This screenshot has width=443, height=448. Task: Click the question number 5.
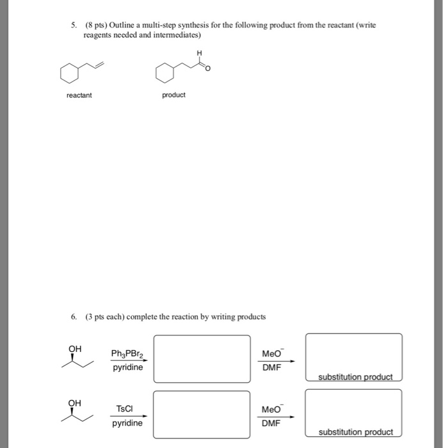click(74, 25)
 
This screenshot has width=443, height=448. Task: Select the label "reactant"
click(79, 95)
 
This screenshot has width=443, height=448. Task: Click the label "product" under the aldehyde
click(173, 95)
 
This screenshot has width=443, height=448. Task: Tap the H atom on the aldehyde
click(199, 52)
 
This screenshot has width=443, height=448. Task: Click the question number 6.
click(74, 317)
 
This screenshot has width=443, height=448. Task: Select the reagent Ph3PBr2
click(127, 354)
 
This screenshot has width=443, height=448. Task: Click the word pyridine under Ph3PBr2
click(127, 367)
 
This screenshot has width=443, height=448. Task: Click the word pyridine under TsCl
click(127, 424)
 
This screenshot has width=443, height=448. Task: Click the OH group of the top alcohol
click(75, 349)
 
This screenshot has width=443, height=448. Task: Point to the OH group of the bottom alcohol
click(75, 403)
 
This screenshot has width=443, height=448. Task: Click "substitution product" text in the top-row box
click(355, 376)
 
